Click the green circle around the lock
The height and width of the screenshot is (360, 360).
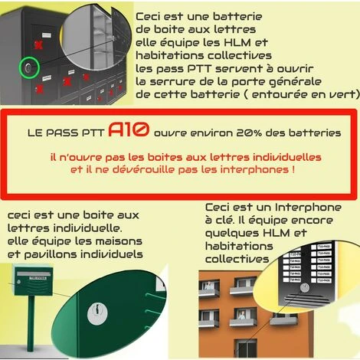tap(28, 69)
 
